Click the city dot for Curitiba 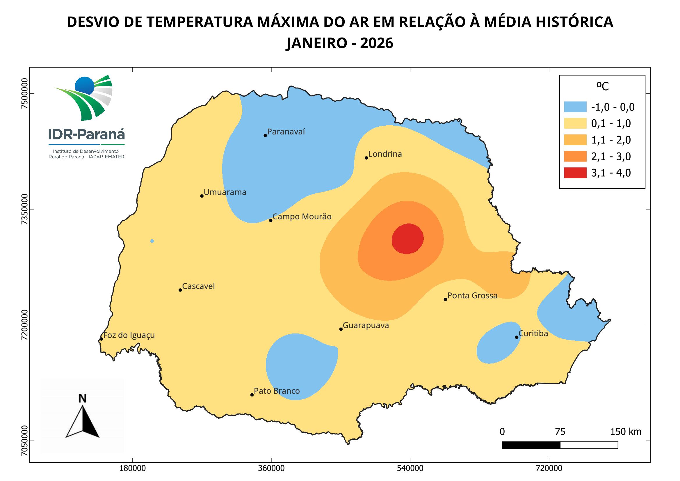click(x=517, y=337)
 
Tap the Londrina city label click(x=385, y=154)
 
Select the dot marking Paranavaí click(x=265, y=135)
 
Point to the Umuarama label click(x=225, y=192)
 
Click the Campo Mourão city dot click(x=270, y=220)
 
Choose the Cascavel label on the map click(x=198, y=286)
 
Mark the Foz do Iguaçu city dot click(x=101, y=339)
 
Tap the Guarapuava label click(x=366, y=326)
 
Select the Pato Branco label click(x=277, y=391)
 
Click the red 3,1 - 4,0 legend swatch click(x=575, y=173)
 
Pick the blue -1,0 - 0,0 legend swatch click(x=575, y=107)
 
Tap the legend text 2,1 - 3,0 click(x=611, y=156)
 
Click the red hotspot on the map click(x=407, y=239)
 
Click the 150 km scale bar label click(x=626, y=432)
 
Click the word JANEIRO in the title click(x=317, y=43)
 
